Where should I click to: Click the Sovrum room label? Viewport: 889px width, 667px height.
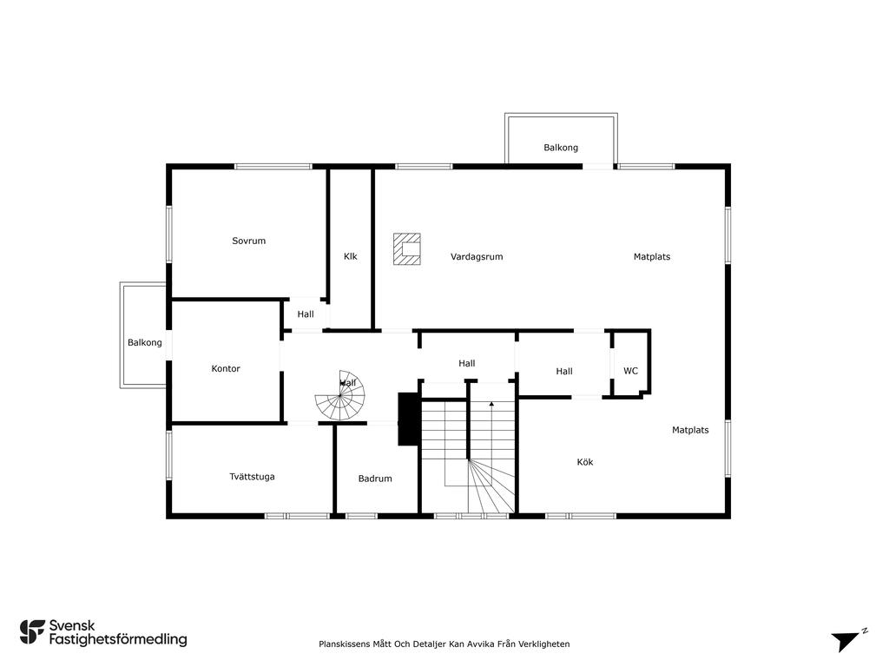pyautogui.click(x=249, y=241)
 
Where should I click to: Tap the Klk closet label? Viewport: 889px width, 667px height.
pyautogui.click(x=351, y=256)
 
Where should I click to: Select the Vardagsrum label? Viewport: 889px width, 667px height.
pyautogui.click(x=477, y=257)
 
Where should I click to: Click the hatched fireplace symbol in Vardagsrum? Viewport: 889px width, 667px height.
pyautogui.click(x=407, y=249)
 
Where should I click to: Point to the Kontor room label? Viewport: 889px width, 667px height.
pyautogui.click(x=226, y=368)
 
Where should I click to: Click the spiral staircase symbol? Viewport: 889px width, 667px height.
pyautogui.click(x=339, y=396)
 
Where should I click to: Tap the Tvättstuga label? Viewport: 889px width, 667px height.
pyautogui.click(x=253, y=477)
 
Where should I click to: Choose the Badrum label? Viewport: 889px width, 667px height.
pyautogui.click(x=375, y=479)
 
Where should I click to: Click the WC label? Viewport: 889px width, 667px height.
pyautogui.click(x=630, y=371)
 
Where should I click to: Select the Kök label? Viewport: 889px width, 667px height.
pyautogui.click(x=585, y=462)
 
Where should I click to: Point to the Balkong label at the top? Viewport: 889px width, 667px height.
pyautogui.click(x=561, y=148)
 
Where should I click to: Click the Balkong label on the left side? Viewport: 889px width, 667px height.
pyautogui.click(x=145, y=342)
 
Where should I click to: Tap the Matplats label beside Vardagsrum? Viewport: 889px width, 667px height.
pyautogui.click(x=652, y=257)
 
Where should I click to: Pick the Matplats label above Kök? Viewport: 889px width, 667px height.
pyautogui.click(x=690, y=430)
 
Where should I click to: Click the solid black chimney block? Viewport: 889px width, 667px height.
pyautogui.click(x=409, y=419)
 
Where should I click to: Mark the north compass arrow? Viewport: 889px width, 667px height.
pyautogui.click(x=847, y=640)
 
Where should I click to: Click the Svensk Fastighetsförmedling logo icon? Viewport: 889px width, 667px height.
pyautogui.click(x=32, y=632)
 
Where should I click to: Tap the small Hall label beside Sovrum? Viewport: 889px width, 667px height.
pyautogui.click(x=306, y=314)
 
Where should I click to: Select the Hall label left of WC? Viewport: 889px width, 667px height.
pyautogui.click(x=564, y=372)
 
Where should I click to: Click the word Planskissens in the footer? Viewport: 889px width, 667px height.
pyautogui.click(x=344, y=644)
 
